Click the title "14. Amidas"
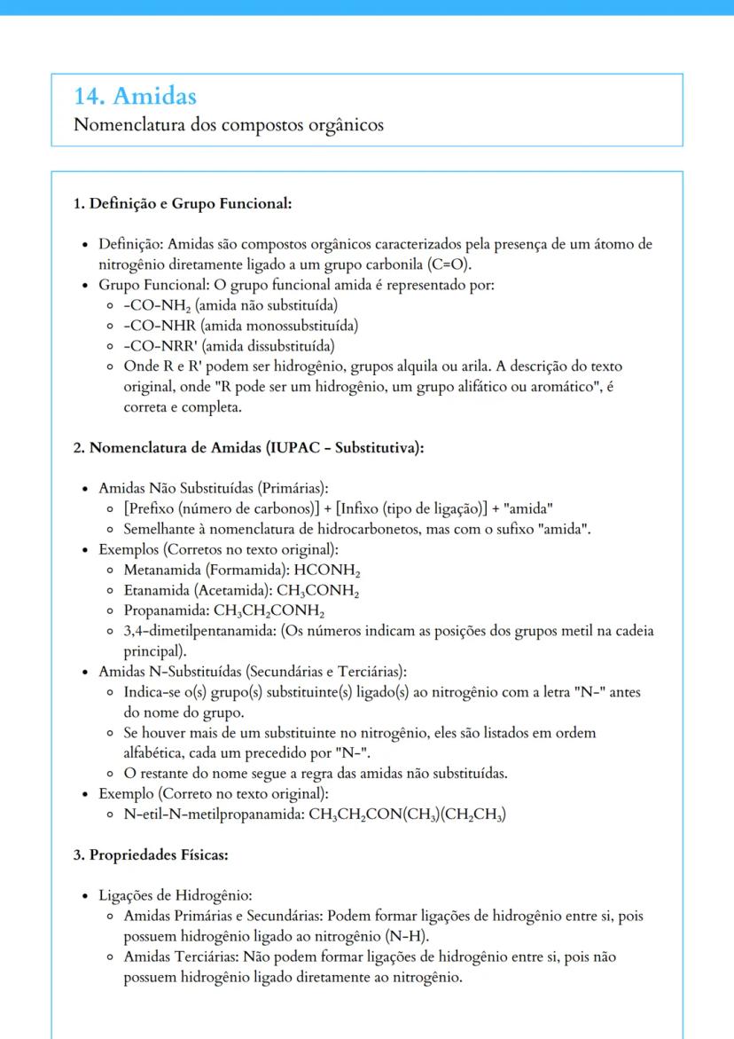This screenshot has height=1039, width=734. coord(135,96)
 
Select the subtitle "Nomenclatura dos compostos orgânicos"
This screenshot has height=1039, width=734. coord(229,125)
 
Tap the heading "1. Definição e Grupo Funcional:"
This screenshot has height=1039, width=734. coord(183,204)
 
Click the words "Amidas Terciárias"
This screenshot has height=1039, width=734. coord(176,957)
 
